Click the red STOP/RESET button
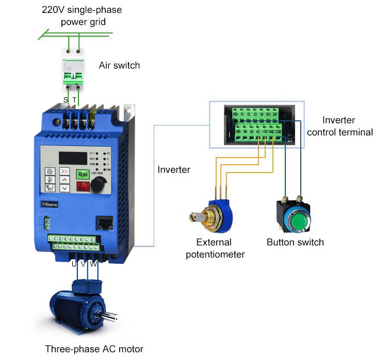(83, 186)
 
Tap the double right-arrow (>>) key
(65, 171)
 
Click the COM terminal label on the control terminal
(279, 132)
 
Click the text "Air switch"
(119, 66)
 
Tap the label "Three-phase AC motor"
(94, 349)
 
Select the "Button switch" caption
(295, 242)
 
